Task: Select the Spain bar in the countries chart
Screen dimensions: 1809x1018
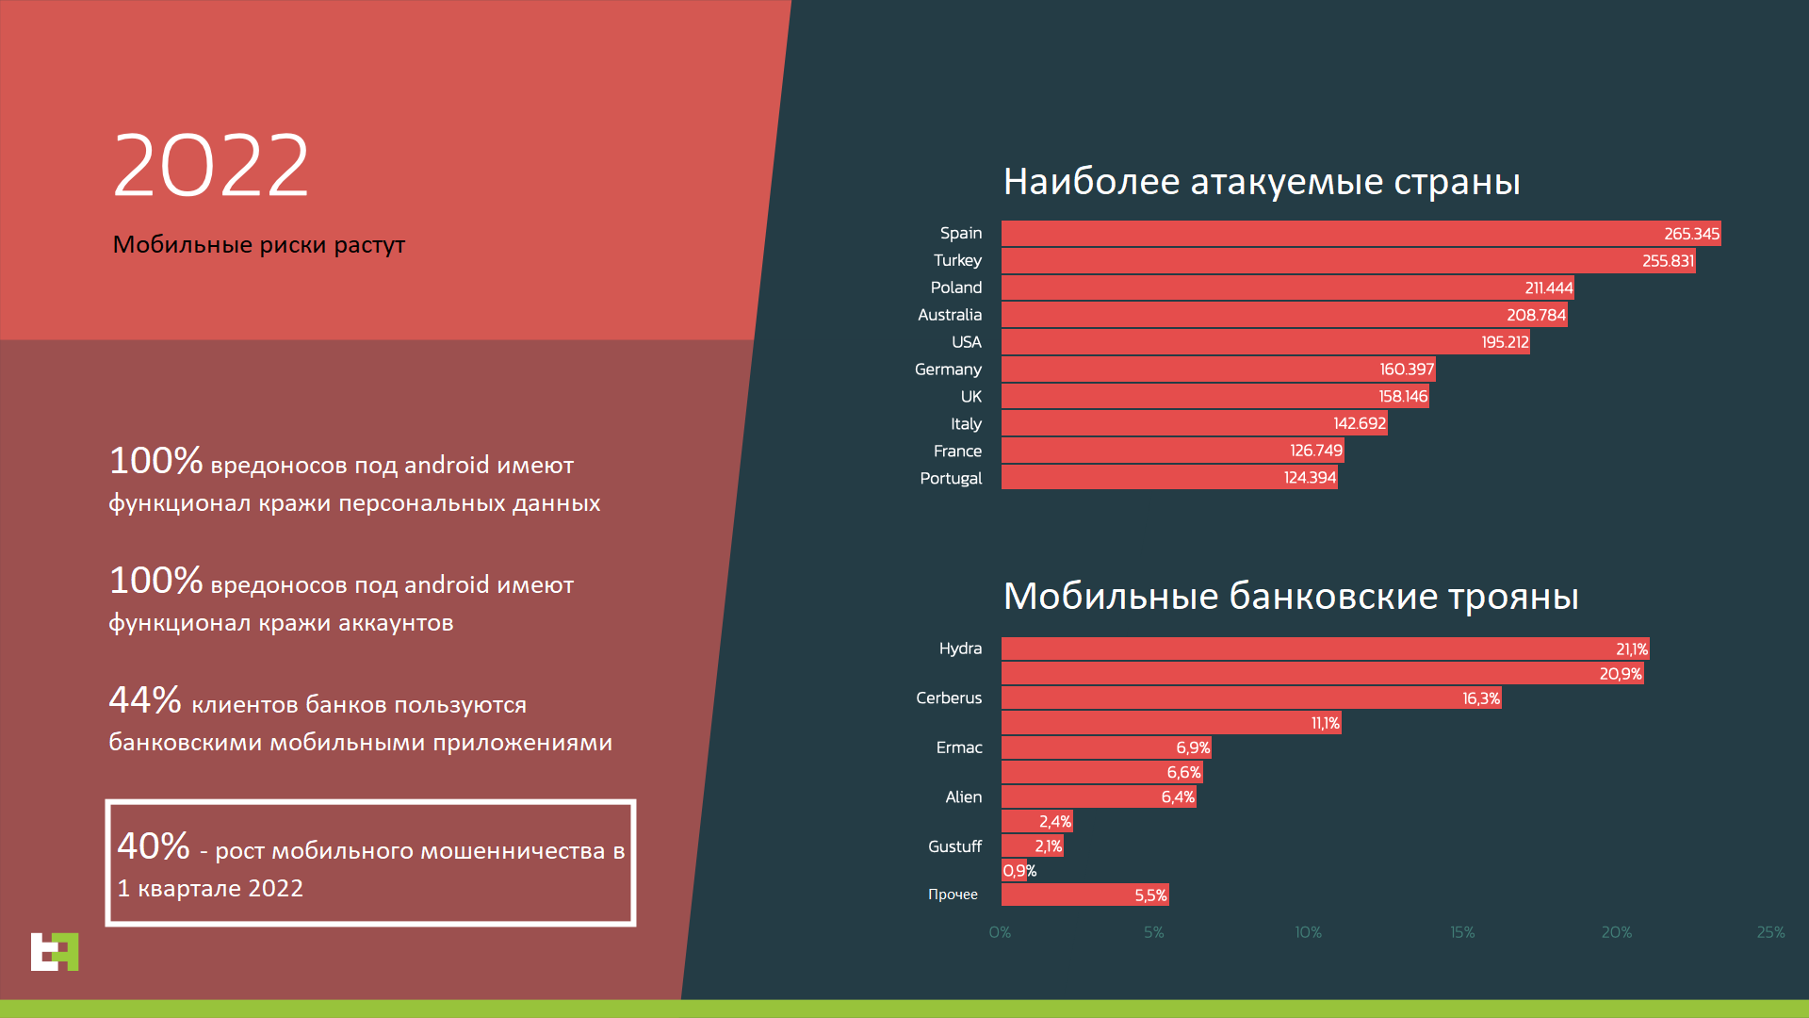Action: [1361, 234]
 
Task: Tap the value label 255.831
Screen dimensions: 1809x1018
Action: [1668, 261]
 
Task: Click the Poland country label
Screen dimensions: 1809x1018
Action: [956, 287]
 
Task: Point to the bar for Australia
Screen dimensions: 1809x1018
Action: [1284, 315]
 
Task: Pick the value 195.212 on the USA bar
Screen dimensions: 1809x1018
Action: [1505, 342]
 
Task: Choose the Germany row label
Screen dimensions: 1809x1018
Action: [948, 369]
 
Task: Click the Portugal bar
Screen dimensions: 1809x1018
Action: [1169, 477]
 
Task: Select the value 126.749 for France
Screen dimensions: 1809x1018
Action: [1315, 451]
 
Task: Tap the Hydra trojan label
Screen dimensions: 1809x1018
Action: [960, 649]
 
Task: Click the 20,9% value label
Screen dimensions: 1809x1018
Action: [1620, 674]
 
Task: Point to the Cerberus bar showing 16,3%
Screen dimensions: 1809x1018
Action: [1251, 698]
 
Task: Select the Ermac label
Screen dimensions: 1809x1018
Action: [959, 747]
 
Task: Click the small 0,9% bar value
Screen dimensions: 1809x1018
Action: [1019, 871]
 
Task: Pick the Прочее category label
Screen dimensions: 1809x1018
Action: [953, 895]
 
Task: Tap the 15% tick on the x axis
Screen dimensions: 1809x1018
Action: [1462, 932]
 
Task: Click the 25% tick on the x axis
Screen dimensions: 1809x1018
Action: [1770, 932]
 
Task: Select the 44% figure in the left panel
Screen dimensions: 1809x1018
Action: [145, 700]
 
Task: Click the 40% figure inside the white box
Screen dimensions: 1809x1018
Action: [154, 846]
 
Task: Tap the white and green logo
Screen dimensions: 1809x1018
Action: [55, 951]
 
